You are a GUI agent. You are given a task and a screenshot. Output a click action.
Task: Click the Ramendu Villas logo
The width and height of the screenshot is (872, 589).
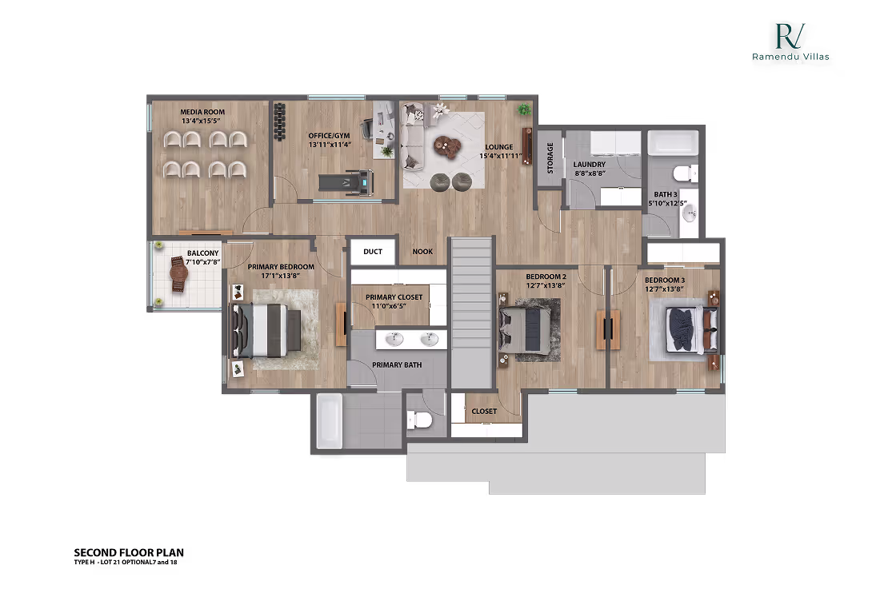tap(790, 42)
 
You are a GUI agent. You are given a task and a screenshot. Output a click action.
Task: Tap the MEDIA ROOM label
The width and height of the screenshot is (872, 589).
tap(180, 112)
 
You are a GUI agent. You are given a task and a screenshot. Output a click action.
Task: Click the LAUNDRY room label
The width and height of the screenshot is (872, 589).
tap(589, 165)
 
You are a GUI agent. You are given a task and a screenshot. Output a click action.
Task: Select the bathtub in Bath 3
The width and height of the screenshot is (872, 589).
tap(672, 143)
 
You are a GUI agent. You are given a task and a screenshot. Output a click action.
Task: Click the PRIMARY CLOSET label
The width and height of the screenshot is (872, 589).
tap(394, 297)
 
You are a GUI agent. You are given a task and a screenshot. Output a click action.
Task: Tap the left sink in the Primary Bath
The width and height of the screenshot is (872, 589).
tap(394, 340)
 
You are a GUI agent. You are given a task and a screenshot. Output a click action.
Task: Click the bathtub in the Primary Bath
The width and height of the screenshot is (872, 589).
tap(329, 421)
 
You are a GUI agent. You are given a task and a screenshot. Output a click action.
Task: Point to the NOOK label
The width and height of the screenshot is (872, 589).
tap(422, 252)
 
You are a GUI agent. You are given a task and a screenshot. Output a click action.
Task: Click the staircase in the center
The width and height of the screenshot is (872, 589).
tap(470, 312)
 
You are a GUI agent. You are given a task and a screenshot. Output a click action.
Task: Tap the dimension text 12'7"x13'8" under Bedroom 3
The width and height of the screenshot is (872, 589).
tap(665, 290)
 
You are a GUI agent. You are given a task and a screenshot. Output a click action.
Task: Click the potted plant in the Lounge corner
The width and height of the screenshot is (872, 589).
tap(524, 109)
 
